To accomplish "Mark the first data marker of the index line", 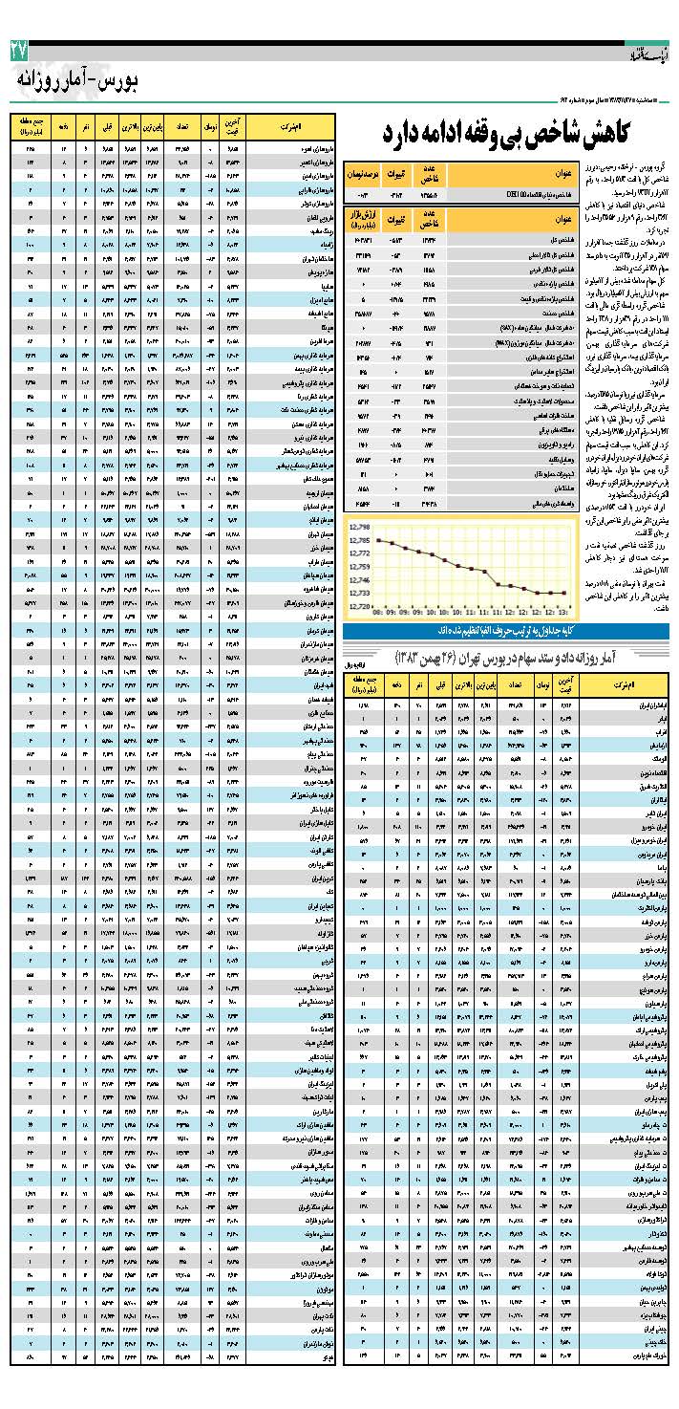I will pyautogui.click(x=378, y=540).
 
